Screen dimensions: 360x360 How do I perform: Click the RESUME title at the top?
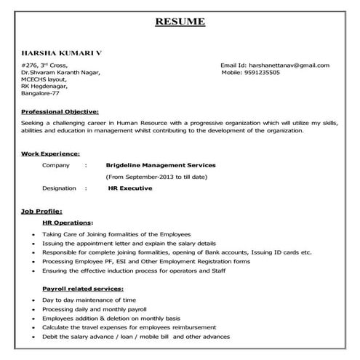click(180, 22)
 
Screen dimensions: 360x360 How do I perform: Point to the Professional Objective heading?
click(60, 111)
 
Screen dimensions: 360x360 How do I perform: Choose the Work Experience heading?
click(51, 153)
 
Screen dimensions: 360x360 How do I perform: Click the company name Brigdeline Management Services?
click(161, 165)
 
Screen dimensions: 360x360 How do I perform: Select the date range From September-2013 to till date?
click(157, 177)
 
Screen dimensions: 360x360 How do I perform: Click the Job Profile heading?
click(41, 211)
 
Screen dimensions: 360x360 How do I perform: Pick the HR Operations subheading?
click(68, 221)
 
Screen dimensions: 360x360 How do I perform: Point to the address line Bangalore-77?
click(41, 95)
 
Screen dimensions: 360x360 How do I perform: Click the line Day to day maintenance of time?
click(89, 300)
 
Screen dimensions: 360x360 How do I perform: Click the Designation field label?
click(59, 188)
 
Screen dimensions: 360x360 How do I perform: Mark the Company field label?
click(56, 165)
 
